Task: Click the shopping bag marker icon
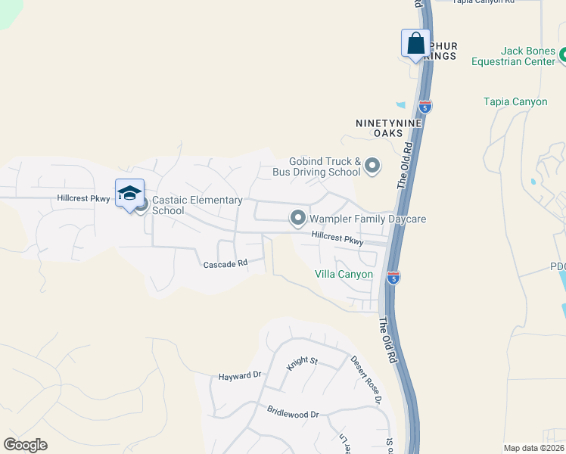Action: (x=415, y=43)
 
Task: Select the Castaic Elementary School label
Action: (x=197, y=205)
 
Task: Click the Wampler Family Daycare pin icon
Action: (x=297, y=219)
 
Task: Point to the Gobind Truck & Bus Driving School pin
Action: (x=372, y=165)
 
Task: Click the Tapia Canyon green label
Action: (x=515, y=102)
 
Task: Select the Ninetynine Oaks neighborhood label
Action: (x=383, y=127)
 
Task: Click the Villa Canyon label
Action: (x=344, y=274)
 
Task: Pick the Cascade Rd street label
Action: (x=225, y=264)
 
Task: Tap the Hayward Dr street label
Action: (x=239, y=375)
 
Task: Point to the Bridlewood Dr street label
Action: (x=293, y=414)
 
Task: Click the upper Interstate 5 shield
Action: (x=425, y=107)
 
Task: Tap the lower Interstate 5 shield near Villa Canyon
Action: (x=392, y=278)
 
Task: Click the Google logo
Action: (x=25, y=445)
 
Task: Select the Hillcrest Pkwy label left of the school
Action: (x=83, y=198)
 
